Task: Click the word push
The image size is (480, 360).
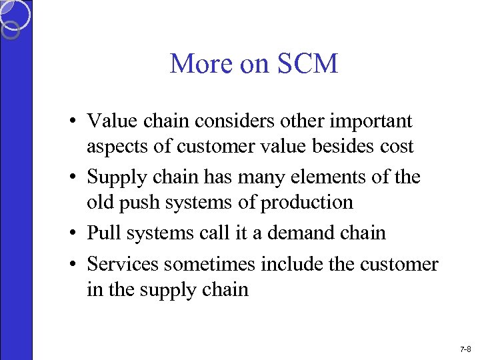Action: (137, 202)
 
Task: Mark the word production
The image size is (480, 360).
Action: (307, 202)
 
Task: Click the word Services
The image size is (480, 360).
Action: (123, 265)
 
